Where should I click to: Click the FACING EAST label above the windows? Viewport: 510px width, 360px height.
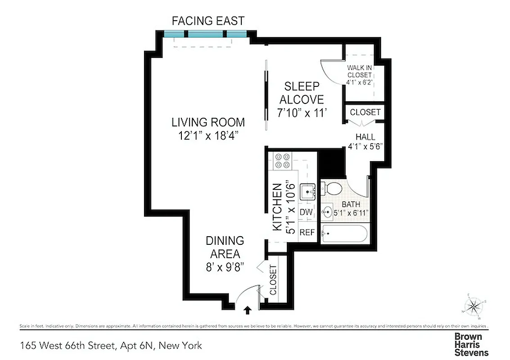(x=208, y=21)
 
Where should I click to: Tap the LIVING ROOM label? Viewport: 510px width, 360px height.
(x=208, y=122)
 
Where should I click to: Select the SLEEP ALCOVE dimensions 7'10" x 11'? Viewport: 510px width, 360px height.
(x=301, y=113)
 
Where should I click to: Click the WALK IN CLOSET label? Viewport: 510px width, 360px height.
(x=359, y=72)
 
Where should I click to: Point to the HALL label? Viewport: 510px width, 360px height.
(x=365, y=137)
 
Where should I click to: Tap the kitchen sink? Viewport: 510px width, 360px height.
(x=308, y=192)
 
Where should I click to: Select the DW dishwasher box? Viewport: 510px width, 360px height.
(x=306, y=212)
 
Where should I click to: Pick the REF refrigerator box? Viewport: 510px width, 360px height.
(x=307, y=233)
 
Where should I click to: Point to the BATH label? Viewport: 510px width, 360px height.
(x=351, y=204)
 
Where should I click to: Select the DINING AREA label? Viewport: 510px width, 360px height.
(x=225, y=247)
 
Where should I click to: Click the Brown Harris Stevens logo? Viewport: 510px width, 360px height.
(x=471, y=344)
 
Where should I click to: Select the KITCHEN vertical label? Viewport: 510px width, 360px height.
(x=277, y=207)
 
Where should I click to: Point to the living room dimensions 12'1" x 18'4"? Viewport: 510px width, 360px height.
(x=208, y=135)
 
